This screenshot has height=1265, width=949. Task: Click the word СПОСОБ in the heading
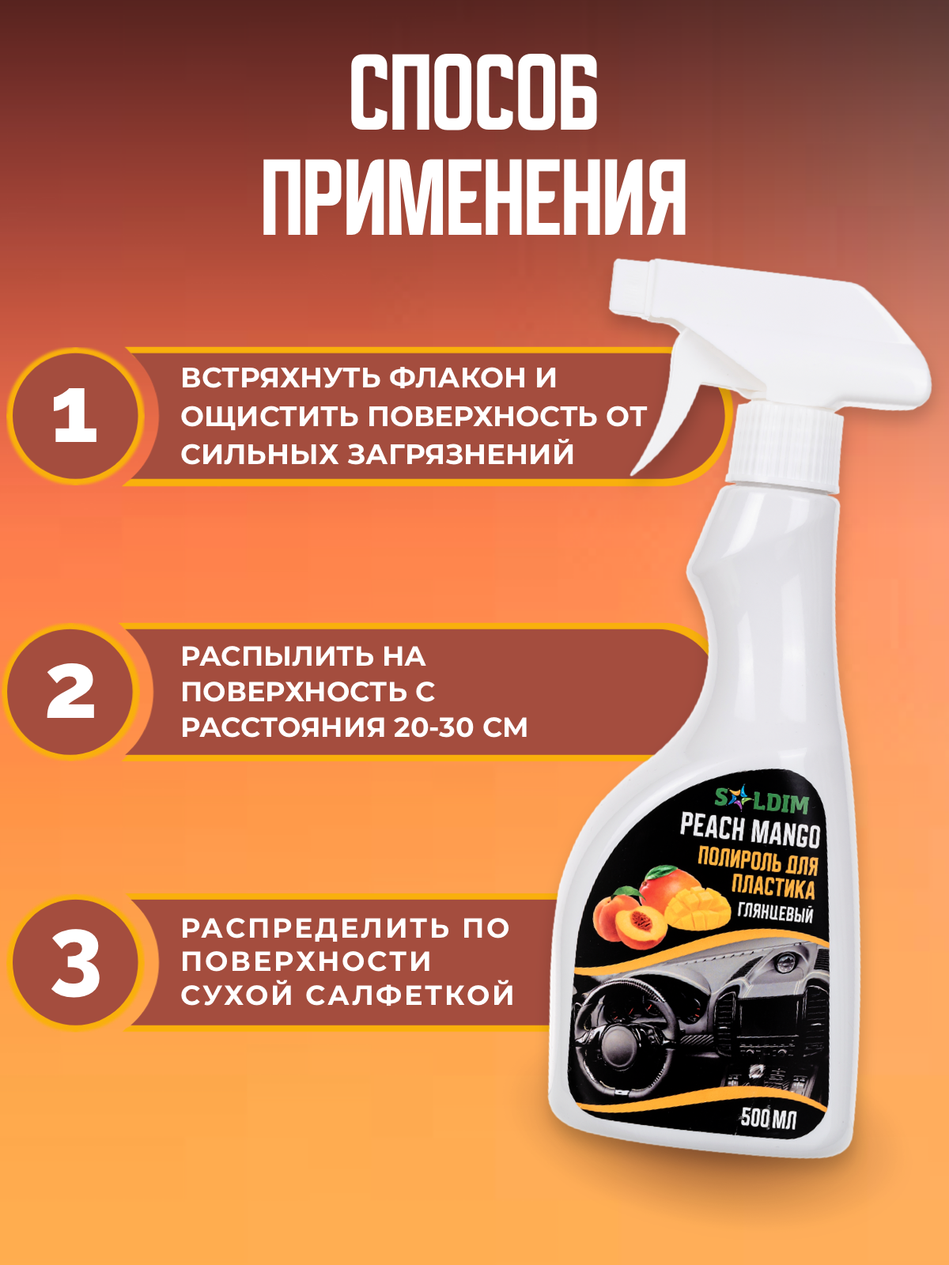[x=475, y=93]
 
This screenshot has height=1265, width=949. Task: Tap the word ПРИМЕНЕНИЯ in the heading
[x=475, y=197]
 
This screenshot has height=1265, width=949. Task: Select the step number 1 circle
[x=75, y=416]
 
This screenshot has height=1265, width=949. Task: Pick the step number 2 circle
[x=70, y=691]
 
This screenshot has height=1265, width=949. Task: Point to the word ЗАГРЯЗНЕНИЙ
[x=460, y=454]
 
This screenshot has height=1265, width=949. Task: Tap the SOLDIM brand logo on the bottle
[x=761, y=799]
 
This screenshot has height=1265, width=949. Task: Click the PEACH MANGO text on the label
[x=750, y=830]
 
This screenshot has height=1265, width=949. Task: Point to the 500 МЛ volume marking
[x=768, y=1119]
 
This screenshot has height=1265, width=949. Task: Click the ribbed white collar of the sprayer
[x=784, y=443]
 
